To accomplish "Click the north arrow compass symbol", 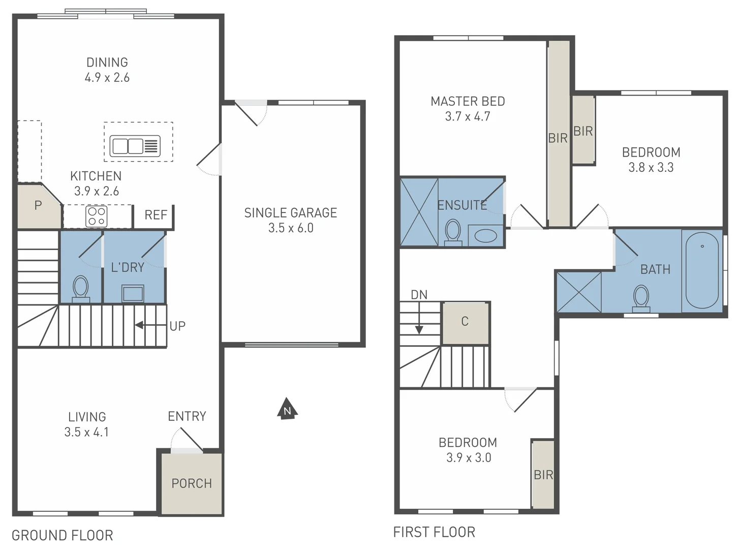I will (x=287, y=409).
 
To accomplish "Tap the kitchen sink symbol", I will (x=135, y=146).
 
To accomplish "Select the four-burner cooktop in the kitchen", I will (x=97, y=216).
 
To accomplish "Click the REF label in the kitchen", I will (x=156, y=216).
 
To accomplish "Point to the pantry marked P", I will (x=38, y=206).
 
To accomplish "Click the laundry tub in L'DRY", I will (x=133, y=293).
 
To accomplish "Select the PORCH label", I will (x=192, y=483).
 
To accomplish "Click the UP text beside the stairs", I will (x=177, y=326).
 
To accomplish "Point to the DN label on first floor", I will (x=419, y=295).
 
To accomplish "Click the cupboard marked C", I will (x=465, y=322).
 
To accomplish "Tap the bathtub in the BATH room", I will (x=702, y=270).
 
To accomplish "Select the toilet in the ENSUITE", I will (x=453, y=232).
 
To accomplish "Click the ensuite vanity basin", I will (x=485, y=236).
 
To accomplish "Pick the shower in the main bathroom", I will (x=579, y=292).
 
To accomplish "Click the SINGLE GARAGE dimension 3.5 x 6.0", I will (x=291, y=228).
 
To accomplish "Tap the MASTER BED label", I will (x=468, y=102).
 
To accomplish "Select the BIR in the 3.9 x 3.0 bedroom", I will (x=543, y=475).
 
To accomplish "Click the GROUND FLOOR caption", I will (x=63, y=535).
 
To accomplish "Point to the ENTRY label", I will (x=187, y=417).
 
